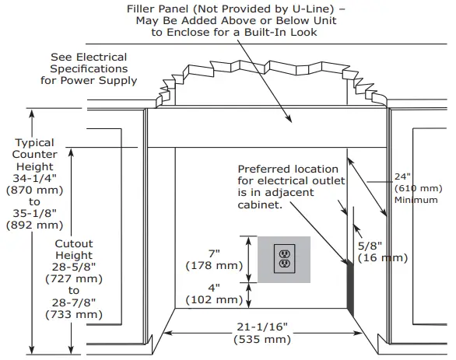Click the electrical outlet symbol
click(x=283, y=259)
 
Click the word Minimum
click(x=417, y=200)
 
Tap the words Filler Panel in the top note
click(x=161, y=9)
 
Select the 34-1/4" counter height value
click(x=35, y=178)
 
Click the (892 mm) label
click(x=35, y=226)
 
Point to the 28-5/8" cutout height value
click(x=74, y=267)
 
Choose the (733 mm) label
click(x=74, y=315)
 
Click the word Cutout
click(x=74, y=243)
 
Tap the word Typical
click(x=35, y=142)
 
